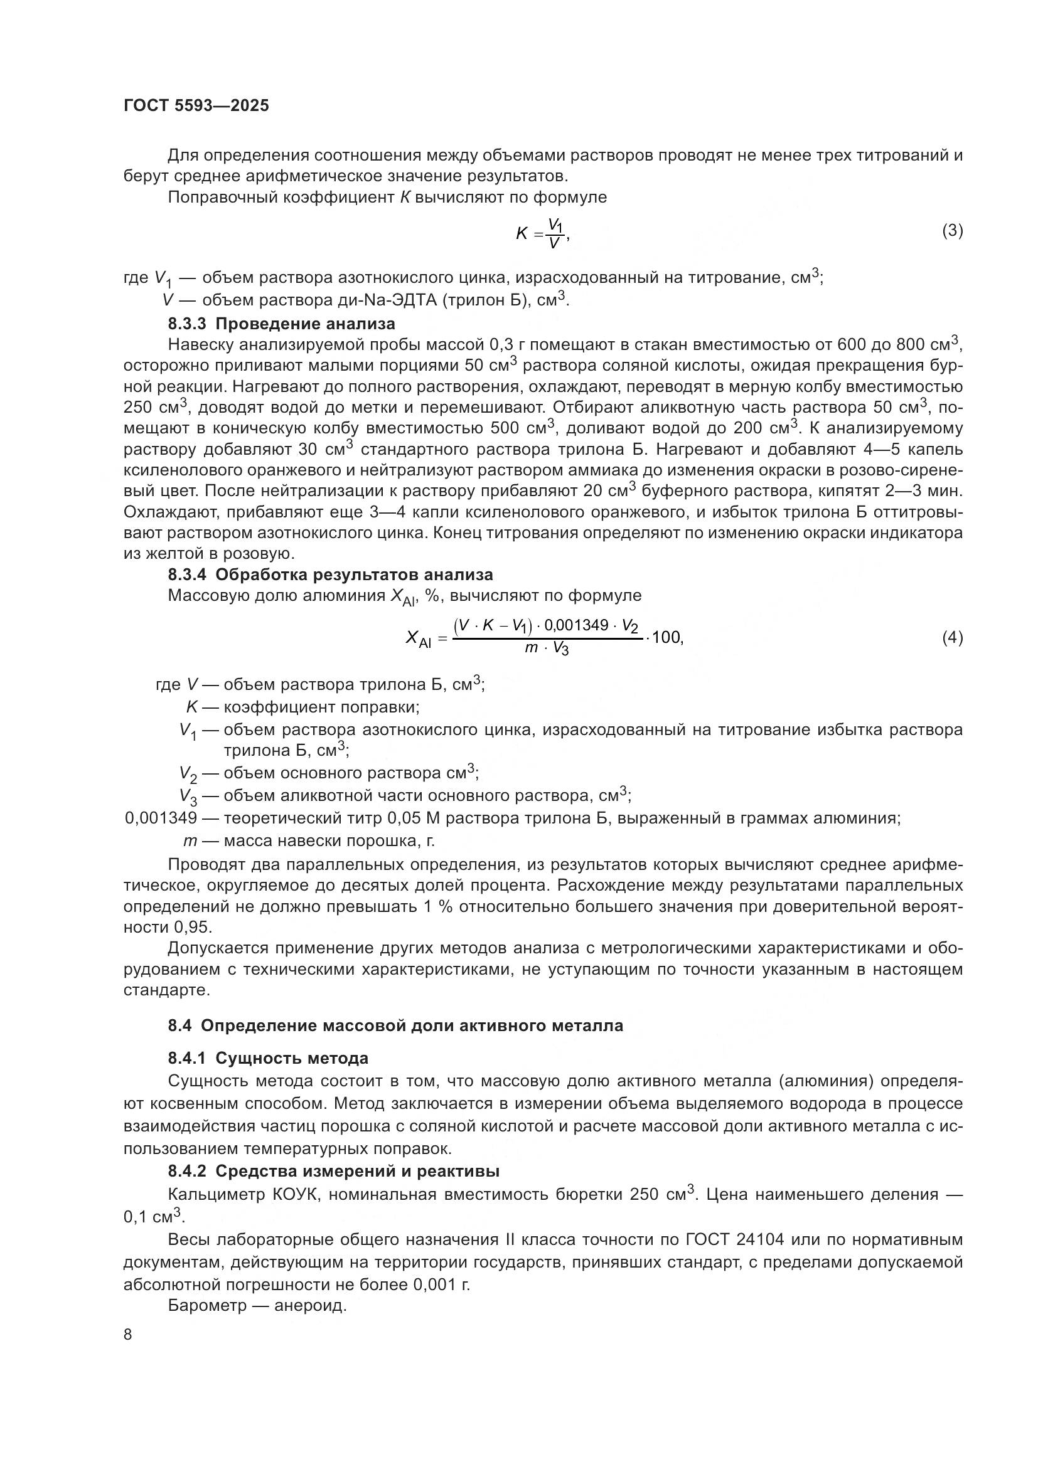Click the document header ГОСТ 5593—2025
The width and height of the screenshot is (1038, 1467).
[196, 106]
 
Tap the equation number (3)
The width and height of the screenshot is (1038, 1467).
[953, 231]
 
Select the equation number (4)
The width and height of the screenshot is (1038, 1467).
[953, 638]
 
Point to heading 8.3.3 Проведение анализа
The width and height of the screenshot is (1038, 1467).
[281, 323]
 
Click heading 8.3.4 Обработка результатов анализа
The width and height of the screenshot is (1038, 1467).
[331, 575]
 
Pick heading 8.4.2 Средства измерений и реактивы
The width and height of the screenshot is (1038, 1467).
[334, 1171]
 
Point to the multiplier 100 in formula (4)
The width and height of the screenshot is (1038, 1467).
[666, 638]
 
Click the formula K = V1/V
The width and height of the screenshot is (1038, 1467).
[542, 234]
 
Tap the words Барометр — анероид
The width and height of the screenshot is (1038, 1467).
[257, 1305]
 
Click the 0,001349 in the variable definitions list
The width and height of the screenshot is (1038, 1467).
[161, 818]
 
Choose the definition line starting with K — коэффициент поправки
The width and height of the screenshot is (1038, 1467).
[302, 707]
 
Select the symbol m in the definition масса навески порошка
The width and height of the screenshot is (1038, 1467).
[190, 841]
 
